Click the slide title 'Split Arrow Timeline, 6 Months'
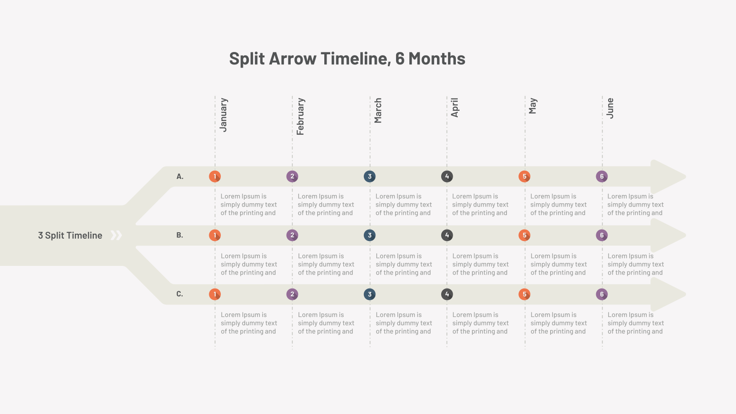(x=347, y=59)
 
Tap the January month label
(x=224, y=115)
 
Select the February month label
(x=301, y=116)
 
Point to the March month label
(x=378, y=110)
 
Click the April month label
(x=455, y=108)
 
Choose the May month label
(x=533, y=106)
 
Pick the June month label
(x=610, y=108)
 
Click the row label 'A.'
(x=180, y=177)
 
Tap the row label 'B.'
(x=180, y=235)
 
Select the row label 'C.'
(x=180, y=294)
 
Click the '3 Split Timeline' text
(x=70, y=235)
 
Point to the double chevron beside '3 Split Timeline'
(x=116, y=235)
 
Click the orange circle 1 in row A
(x=215, y=177)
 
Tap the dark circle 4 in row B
(x=447, y=235)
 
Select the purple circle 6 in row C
(x=602, y=294)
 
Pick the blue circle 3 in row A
(x=370, y=177)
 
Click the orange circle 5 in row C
(x=524, y=294)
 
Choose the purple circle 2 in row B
(x=292, y=235)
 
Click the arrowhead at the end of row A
(x=667, y=177)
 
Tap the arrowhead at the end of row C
(x=667, y=294)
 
